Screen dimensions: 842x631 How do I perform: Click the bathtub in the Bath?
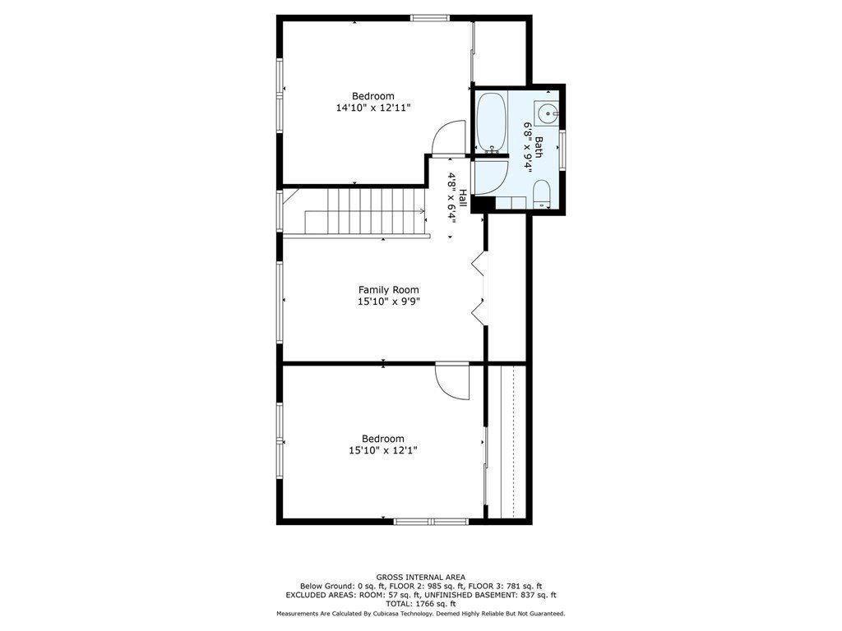click(x=491, y=122)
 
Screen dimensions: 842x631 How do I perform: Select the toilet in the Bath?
click(x=541, y=194)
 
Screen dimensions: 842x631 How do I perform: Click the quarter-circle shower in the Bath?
click(x=490, y=177)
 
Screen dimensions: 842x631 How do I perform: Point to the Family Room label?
click(x=389, y=290)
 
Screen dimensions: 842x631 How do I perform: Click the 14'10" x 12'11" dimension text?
click(x=373, y=108)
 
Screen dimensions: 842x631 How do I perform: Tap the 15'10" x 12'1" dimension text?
click(x=383, y=450)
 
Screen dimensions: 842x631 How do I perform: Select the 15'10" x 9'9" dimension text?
click(x=389, y=302)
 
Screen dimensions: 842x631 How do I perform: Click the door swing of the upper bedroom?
click(x=448, y=138)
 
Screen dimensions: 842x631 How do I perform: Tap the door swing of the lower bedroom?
click(x=452, y=381)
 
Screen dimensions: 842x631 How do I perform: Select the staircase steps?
click(x=365, y=210)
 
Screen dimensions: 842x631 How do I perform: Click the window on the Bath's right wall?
click(x=562, y=150)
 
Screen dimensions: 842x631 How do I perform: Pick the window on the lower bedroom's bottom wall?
click(x=431, y=521)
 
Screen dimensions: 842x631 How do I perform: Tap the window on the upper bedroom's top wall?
click(x=430, y=18)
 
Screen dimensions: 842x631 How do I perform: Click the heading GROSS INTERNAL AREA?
click(x=420, y=578)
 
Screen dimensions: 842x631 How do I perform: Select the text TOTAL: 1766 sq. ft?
click(x=420, y=604)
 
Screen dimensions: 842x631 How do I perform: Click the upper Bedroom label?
click(x=373, y=96)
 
